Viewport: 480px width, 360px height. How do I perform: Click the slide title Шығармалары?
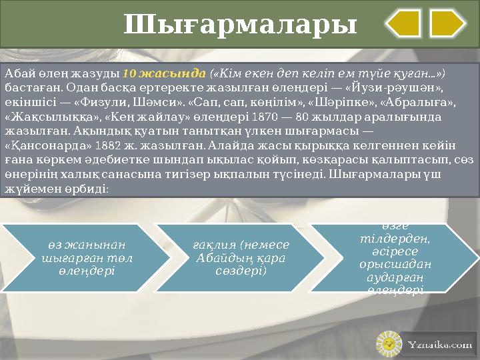240,25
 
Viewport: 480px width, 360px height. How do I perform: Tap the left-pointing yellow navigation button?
403,23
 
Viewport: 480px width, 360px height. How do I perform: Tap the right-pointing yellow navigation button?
447,23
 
